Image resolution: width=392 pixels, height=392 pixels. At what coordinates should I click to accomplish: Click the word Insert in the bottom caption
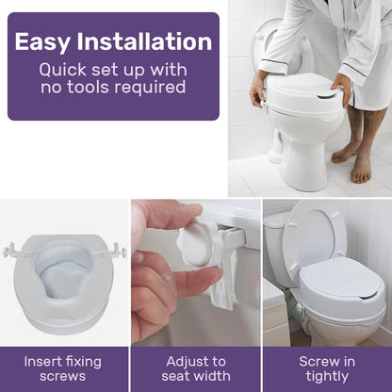click(44, 361)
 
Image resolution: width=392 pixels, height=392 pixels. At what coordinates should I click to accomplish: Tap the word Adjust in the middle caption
click(184, 361)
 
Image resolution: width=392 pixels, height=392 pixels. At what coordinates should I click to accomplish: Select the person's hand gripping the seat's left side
click(257, 90)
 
